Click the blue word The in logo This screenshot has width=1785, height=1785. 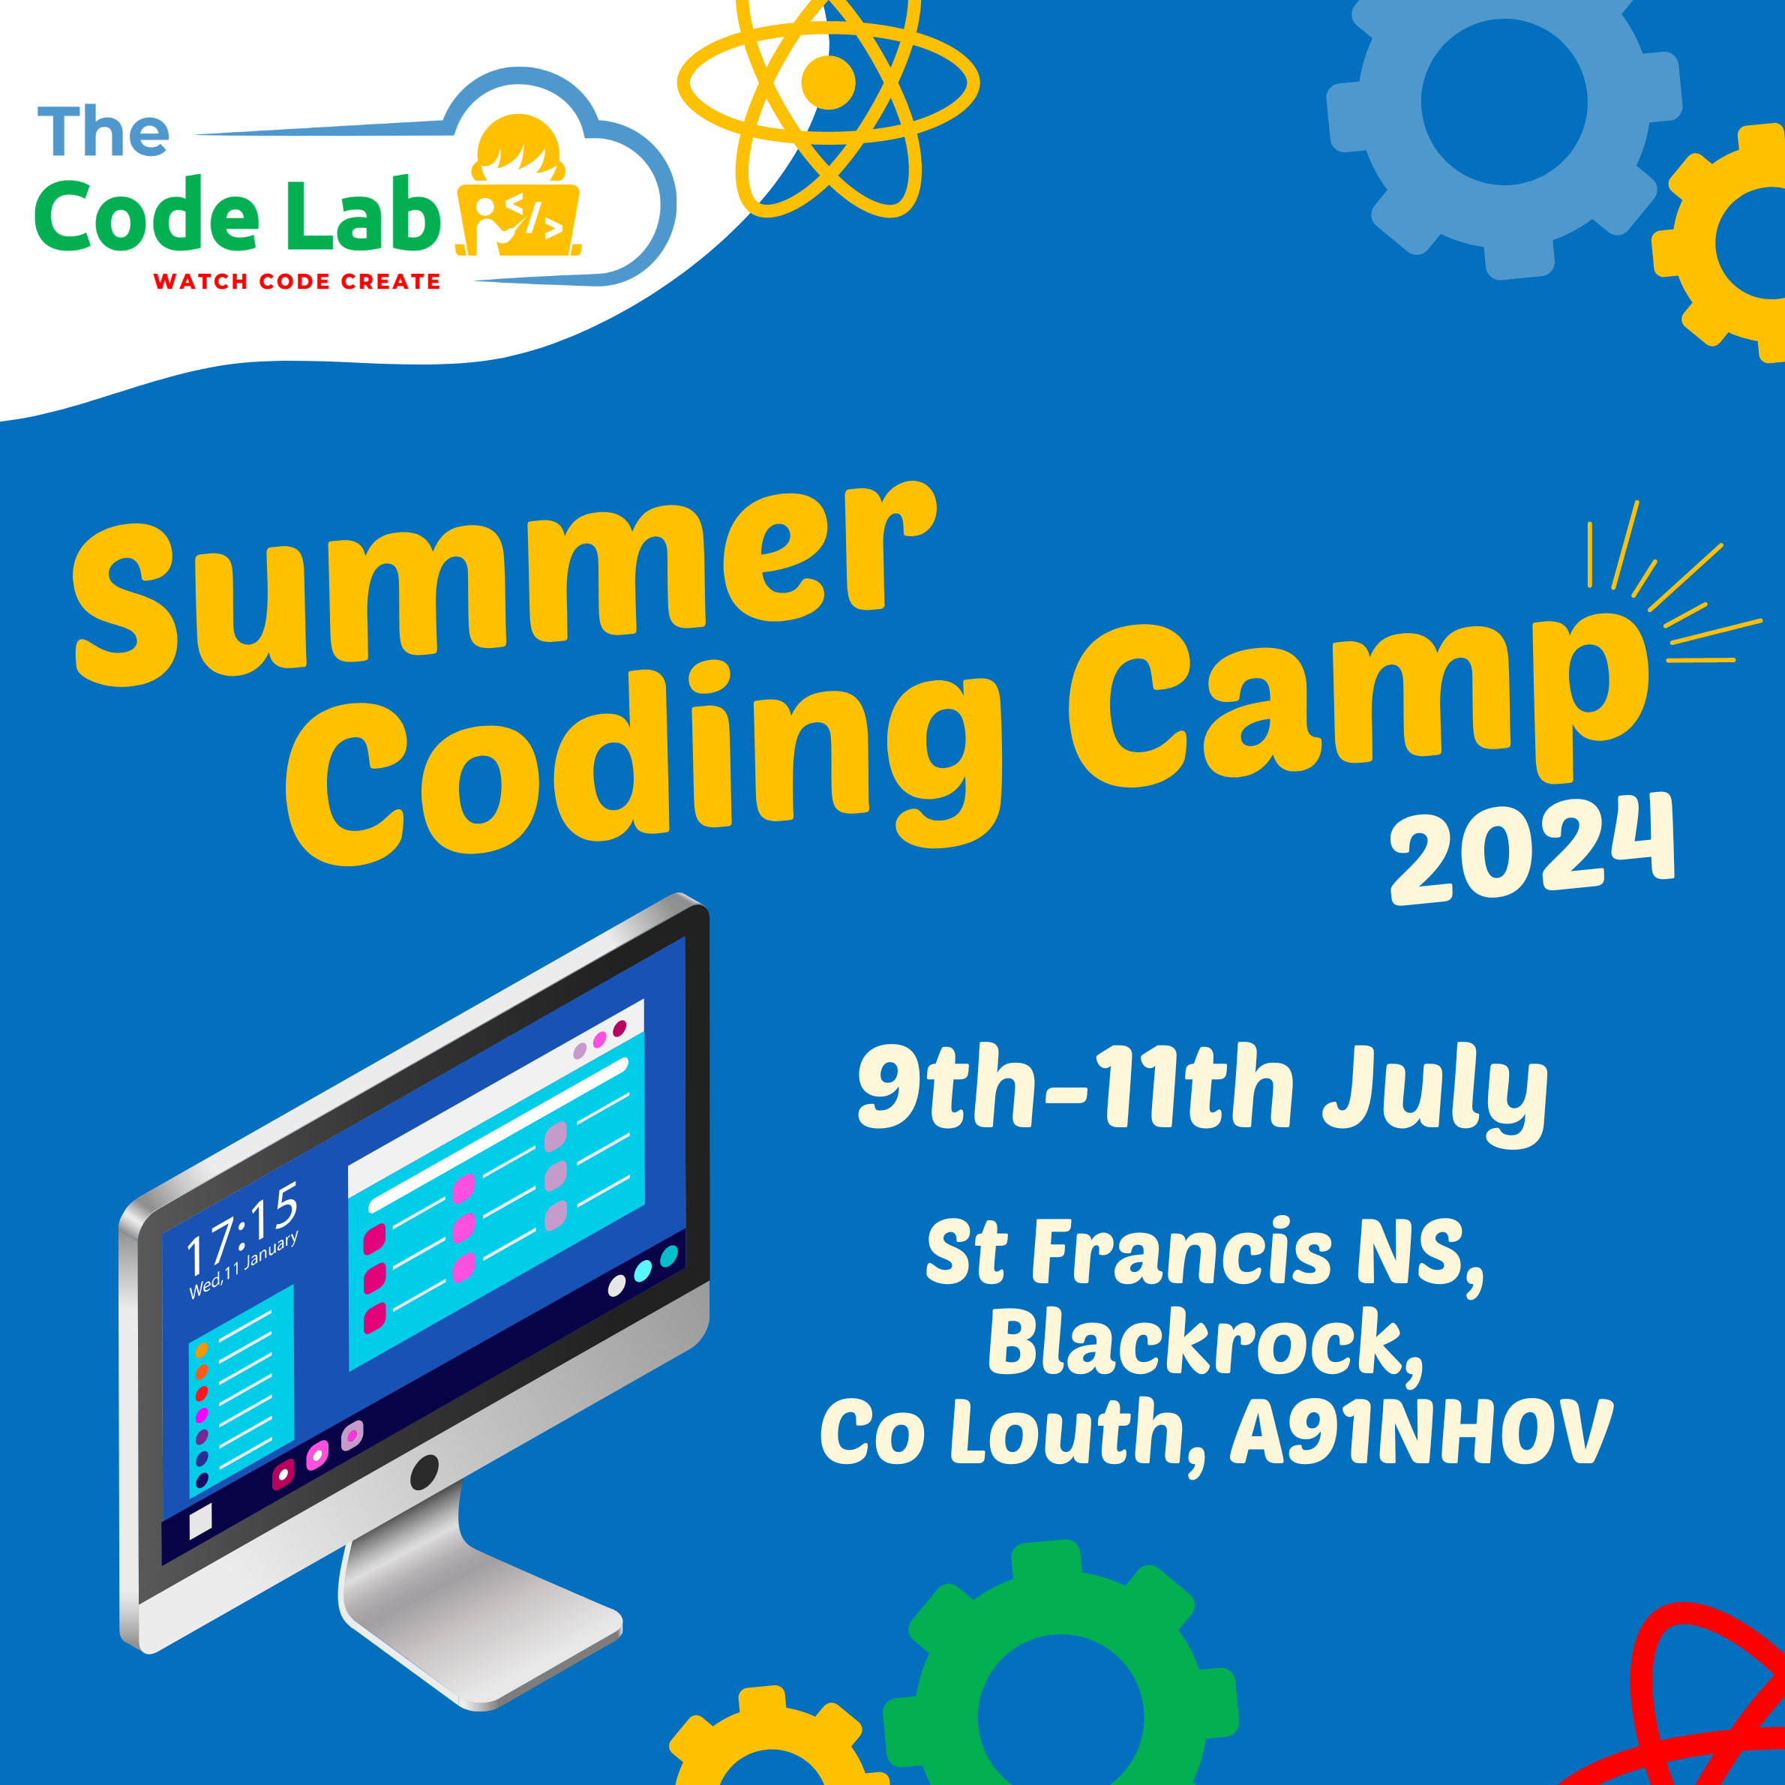(103, 131)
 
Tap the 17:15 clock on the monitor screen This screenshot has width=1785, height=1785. (242, 1228)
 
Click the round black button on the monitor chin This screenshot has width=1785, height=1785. (424, 1471)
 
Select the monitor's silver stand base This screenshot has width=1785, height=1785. (481, 1626)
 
